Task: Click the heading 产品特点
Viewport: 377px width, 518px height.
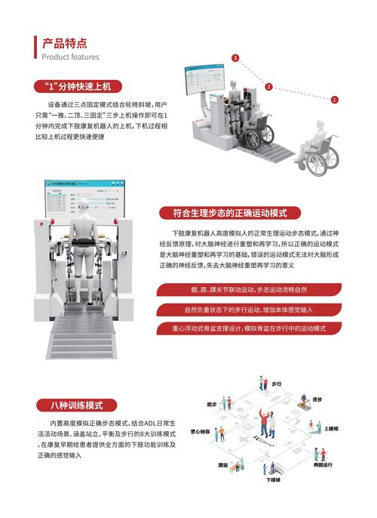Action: [x=64, y=43]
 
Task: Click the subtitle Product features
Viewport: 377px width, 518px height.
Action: [x=70, y=57]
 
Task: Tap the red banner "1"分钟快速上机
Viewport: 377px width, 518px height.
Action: [x=78, y=86]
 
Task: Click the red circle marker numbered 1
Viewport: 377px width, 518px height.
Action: [x=335, y=99]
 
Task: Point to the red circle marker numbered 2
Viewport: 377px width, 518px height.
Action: [x=268, y=87]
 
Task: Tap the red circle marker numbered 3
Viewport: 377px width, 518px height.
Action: [x=236, y=58]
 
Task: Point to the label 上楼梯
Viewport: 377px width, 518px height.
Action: [x=331, y=428]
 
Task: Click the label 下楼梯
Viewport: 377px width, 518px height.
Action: [x=272, y=479]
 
